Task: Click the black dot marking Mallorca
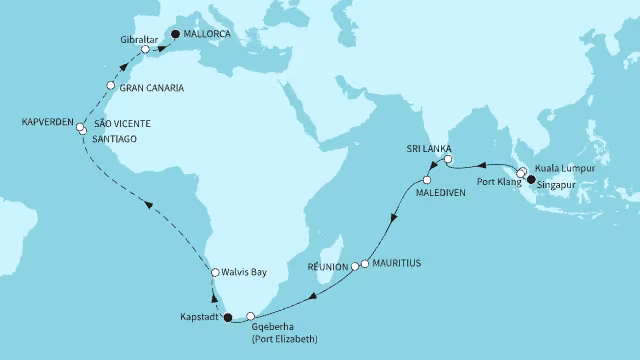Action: tap(176, 33)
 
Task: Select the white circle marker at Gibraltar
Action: tap(145, 49)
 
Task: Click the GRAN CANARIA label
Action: tap(151, 87)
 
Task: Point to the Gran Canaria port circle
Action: tap(111, 85)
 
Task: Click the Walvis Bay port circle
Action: tap(214, 271)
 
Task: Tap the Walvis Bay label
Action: tap(248, 271)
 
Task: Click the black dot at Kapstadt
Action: tap(227, 319)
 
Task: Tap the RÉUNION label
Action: tap(329, 267)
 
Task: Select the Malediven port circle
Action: tap(427, 180)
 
